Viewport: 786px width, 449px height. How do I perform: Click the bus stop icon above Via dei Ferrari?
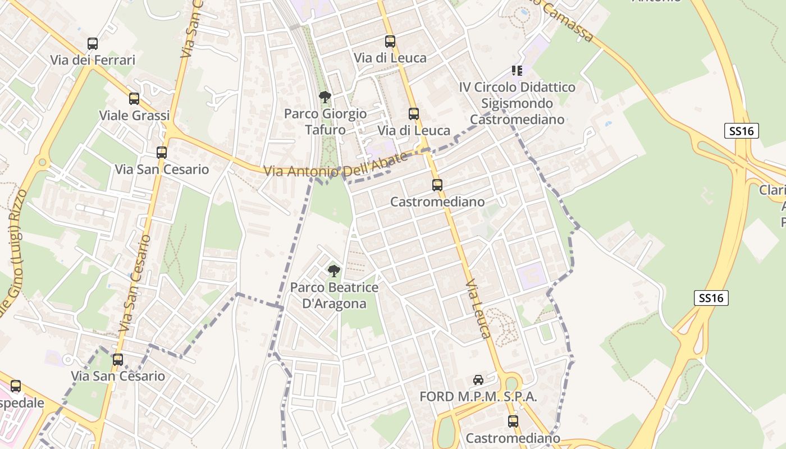click(93, 43)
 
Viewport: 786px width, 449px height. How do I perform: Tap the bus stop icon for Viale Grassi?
click(134, 99)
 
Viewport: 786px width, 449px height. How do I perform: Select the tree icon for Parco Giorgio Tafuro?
click(325, 97)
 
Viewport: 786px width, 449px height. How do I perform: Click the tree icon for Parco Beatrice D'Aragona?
click(333, 271)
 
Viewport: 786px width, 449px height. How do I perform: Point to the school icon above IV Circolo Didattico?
click(517, 71)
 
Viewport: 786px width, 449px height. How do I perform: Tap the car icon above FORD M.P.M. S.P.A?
click(478, 380)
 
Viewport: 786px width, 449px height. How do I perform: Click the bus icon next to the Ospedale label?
click(16, 386)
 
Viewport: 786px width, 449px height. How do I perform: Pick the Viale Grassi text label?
click(134, 116)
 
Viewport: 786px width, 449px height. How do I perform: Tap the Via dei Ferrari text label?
click(93, 60)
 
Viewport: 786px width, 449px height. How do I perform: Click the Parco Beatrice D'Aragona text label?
click(334, 296)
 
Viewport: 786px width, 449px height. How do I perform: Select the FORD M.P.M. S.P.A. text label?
click(478, 397)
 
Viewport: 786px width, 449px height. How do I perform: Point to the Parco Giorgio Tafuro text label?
click(325, 122)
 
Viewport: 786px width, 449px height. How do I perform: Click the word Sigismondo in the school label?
click(517, 103)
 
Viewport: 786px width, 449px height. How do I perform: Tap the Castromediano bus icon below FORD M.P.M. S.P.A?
click(513, 421)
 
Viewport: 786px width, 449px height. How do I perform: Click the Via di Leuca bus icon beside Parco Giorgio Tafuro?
click(414, 114)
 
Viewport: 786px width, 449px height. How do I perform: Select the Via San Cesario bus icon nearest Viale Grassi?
click(162, 153)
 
